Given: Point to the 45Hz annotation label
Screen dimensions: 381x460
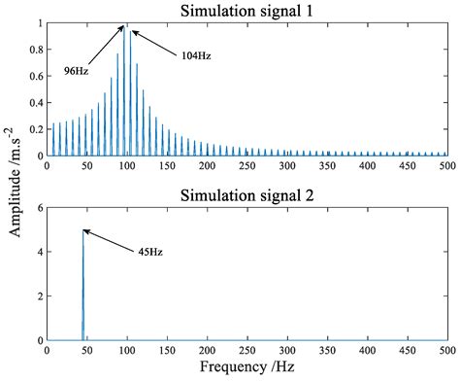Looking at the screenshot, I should click(x=149, y=252).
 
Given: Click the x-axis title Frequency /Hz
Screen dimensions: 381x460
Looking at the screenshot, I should click(x=246, y=369).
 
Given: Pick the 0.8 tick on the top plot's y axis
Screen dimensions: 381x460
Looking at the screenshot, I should click(x=36, y=50).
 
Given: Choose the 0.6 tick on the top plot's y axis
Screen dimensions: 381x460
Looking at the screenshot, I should click(x=36, y=76).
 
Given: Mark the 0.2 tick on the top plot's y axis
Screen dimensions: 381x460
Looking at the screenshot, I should click(x=36, y=129).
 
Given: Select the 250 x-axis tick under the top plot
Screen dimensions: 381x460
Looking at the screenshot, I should click(x=247, y=166).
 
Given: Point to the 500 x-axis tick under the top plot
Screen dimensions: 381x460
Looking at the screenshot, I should click(x=446, y=166).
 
